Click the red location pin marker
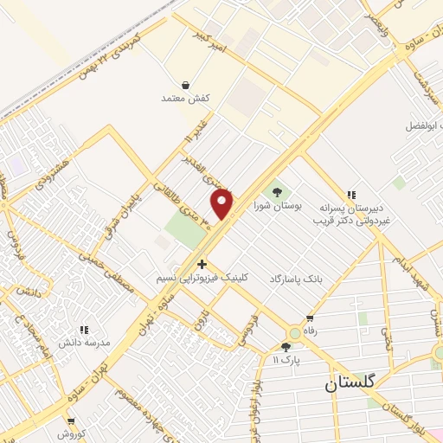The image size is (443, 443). pyautogui.click(x=223, y=203)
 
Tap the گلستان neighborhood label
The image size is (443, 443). pyautogui.click(x=354, y=383)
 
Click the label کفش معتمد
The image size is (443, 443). pyautogui.click(x=186, y=98)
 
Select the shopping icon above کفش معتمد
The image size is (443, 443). pyautogui.click(x=186, y=85)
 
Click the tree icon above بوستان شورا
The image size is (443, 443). pyautogui.click(x=278, y=191)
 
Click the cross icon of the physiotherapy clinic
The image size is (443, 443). pyautogui.click(x=202, y=264)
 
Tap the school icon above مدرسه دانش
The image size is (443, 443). pyautogui.click(x=85, y=330)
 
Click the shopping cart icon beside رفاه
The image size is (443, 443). pyautogui.click(x=309, y=319)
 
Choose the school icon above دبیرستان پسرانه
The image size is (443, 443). pyautogui.click(x=350, y=196)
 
